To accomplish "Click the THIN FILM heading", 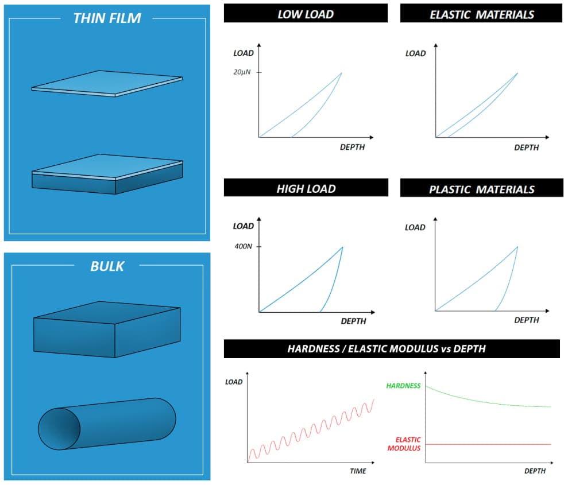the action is coord(107,18).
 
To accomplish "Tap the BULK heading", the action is coord(107,266).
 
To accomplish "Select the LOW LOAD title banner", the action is coord(306,14).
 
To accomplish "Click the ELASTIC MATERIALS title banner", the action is coord(481,14).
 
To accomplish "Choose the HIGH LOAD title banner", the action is coord(306,188).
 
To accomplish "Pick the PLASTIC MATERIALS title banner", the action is coord(482,188).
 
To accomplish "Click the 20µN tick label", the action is coord(242,72).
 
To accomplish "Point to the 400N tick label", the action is coord(244,246).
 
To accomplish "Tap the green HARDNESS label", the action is coord(403,386).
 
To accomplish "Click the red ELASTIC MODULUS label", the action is coord(404,444).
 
